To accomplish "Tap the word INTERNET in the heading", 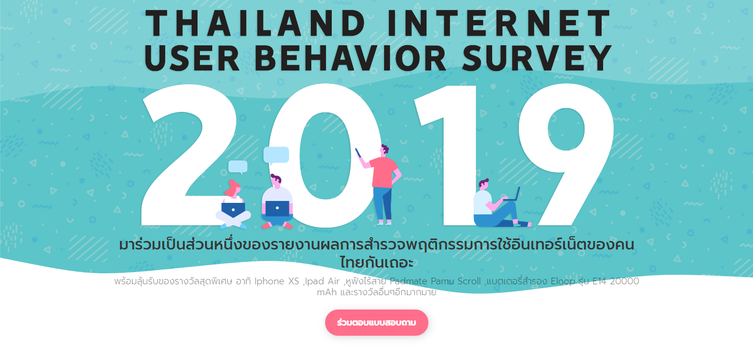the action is coord(499,23).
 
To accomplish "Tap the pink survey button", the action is coord(376,322).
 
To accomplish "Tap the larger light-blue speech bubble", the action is coord(276,155).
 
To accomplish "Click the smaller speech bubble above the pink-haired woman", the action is coord(238,167).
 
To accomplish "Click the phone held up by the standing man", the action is coord(358,153).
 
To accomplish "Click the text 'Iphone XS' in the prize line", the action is coord(277,281).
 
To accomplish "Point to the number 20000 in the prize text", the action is coord(624,281).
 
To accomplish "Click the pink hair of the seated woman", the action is coord(232,189).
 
